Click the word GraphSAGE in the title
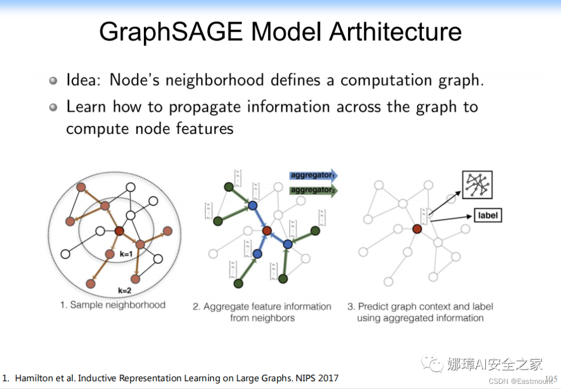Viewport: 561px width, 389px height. click(170, 32)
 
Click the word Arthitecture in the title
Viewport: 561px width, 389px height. click(396, 32)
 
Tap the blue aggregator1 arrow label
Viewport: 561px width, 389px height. click(312, 176)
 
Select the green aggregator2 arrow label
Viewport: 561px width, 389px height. click(312, 190)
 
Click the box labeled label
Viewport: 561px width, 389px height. click(488, 215)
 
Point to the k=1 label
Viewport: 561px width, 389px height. click(127, 254)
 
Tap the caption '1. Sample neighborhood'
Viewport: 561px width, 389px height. click(113, 305)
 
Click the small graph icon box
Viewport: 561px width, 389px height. click(477, 185)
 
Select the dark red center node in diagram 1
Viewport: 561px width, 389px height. click(119, 231)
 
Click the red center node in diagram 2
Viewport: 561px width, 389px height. click(267, 231)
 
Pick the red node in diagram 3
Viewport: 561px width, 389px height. click(417, 228)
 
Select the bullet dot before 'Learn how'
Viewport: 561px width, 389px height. click(54, 108)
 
